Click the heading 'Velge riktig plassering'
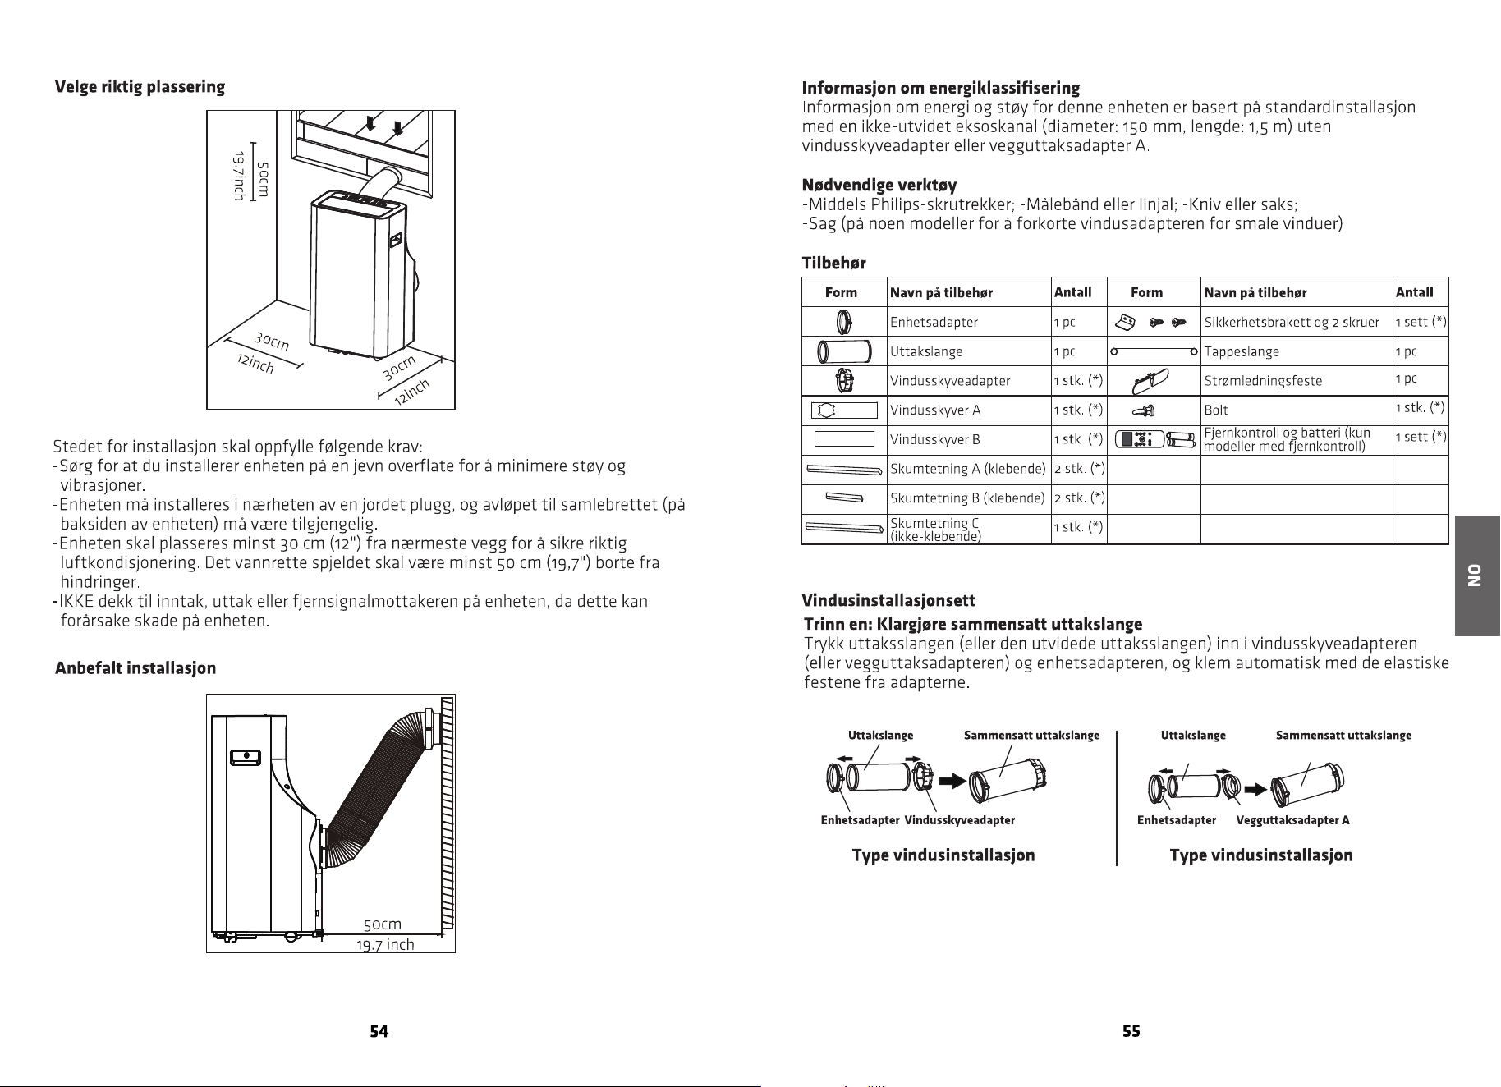click(x=140, y=87)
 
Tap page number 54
click(x=379, y=1032)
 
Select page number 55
click(x=1131, y=1032)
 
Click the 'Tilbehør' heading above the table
click(x=833, y=264)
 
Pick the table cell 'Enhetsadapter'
click(x=934, y=322)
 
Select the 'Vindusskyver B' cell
click(x=935, y=439)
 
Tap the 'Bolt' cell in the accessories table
click(x=1216, y=410)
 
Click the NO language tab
click(x=1477, y=576)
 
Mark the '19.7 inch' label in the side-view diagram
click(x=385, y=944)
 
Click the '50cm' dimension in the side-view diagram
click(x=383, y=925)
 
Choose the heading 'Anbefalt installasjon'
click(x=135, y=668)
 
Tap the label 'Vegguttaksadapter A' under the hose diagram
click(x=1292, y=820)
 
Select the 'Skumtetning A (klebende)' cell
click(x=968, y=469)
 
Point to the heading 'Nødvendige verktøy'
click(x=879, y=186)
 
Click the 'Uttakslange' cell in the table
click(x=926, y=351)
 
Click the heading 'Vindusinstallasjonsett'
click(x=888, y=602)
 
